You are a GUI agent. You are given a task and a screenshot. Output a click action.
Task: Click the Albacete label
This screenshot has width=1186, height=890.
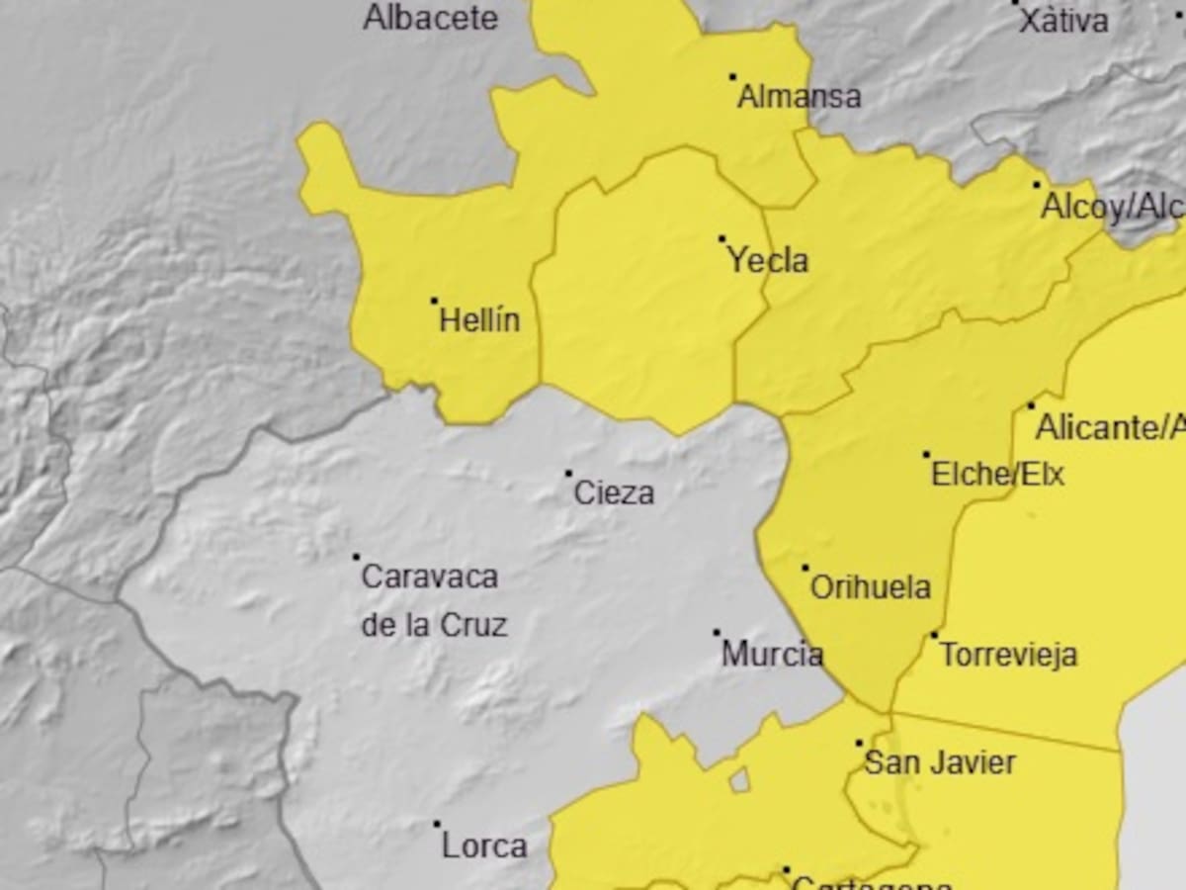[x=430, y=17]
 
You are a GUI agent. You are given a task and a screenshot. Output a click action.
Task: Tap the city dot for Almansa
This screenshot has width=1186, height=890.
[x=732, y=76]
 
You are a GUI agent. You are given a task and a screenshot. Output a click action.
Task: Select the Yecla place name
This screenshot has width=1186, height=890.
[x=767, y=261]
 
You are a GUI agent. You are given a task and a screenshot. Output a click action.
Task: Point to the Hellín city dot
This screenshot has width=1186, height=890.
[x=434, y=301]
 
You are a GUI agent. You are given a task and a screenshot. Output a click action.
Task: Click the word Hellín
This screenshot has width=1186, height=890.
[x=478, y=320]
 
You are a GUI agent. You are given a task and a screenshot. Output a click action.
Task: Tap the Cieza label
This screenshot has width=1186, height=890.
[x=614, y=492]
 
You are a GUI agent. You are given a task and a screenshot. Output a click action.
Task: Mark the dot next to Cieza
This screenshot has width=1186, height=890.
[x=568, y=474]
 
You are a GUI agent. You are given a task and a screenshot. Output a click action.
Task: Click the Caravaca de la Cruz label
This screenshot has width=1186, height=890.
[x=431, y=600]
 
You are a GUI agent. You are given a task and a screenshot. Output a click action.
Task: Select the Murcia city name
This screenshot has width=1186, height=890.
[x=772, y=654]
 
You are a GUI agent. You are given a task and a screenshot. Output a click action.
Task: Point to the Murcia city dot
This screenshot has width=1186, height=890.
[x=717, y=633]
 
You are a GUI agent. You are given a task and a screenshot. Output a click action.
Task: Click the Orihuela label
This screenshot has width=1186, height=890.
[x=870, y=587]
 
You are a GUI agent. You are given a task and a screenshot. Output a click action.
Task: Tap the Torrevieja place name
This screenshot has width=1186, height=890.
[x=1007, y=655]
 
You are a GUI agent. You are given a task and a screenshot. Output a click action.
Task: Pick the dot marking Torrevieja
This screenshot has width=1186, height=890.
[x=934, y=635]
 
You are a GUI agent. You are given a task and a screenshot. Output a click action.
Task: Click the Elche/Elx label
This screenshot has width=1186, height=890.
[x=997, y=475]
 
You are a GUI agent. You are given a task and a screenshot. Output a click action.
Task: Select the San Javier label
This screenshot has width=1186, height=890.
[x=939, y=762]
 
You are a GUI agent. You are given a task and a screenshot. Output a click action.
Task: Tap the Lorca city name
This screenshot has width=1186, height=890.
[x=483, y=846]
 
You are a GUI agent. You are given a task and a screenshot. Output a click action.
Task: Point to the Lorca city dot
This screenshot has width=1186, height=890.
[x=437, y=824]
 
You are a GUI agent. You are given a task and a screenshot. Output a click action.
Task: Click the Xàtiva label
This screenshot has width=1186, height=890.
[x=1062, y=21]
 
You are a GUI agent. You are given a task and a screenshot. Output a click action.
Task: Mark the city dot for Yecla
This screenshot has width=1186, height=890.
[x=721, y=238]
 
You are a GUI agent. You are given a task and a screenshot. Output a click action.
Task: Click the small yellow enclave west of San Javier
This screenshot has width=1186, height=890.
[x=738, y=780]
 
